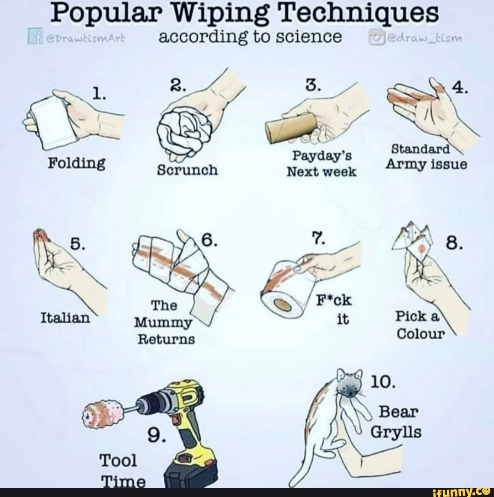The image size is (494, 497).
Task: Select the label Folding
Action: (x=76, y=162)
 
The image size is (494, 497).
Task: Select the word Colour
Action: (x=420, y=334)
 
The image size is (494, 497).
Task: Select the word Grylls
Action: (x=396, y=432)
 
